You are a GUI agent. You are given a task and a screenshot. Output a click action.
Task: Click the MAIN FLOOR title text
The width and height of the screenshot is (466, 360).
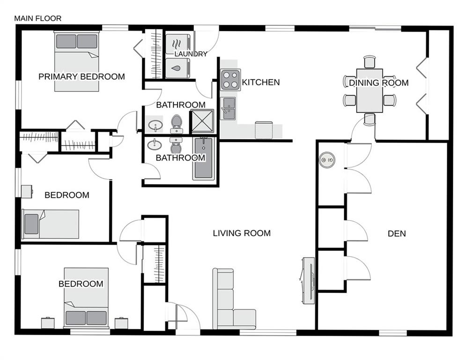(x=37, y=19)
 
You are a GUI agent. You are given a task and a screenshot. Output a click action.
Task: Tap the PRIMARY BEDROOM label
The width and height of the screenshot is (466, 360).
(x=81, y=76)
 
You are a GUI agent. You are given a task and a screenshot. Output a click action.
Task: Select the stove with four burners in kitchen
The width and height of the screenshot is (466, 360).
(x=230, y=80)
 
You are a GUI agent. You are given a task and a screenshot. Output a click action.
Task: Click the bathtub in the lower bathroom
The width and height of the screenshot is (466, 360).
(x=203, y=159)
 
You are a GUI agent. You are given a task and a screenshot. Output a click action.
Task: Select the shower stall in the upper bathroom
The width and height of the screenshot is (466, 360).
(x=202, y=121)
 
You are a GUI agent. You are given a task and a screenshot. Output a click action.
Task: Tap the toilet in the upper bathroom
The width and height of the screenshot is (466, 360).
(x=176, y=122)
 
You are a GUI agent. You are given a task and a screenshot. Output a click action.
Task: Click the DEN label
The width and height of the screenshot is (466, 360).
(x=397, y=233)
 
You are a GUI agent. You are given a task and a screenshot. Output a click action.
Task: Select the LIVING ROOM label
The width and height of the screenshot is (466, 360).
(x=242, y=233)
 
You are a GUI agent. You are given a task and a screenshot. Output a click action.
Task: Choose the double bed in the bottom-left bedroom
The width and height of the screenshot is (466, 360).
(x=86, y=298)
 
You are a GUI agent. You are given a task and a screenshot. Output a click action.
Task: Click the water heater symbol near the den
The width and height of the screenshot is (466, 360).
(x=327, y=160)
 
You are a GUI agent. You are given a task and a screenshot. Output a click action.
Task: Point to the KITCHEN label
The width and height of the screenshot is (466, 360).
(x=261, y=82)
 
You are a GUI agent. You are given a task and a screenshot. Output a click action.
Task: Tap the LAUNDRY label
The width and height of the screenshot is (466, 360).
(x=191, y=54)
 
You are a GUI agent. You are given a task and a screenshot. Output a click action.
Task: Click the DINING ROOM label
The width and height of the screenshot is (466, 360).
(x=378, y=83)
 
